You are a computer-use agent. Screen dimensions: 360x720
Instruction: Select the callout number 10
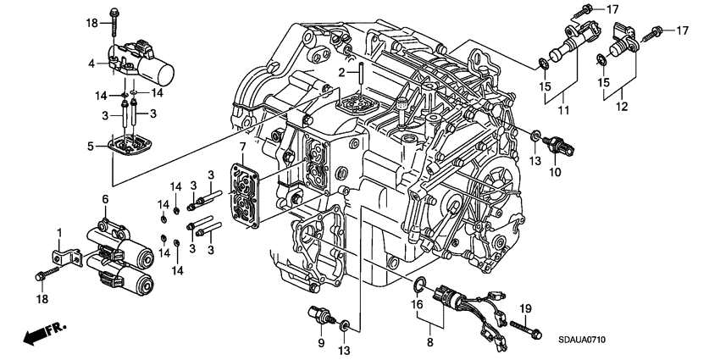coord(556,173)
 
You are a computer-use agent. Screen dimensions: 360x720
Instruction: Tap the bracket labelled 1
coord(60,253)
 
